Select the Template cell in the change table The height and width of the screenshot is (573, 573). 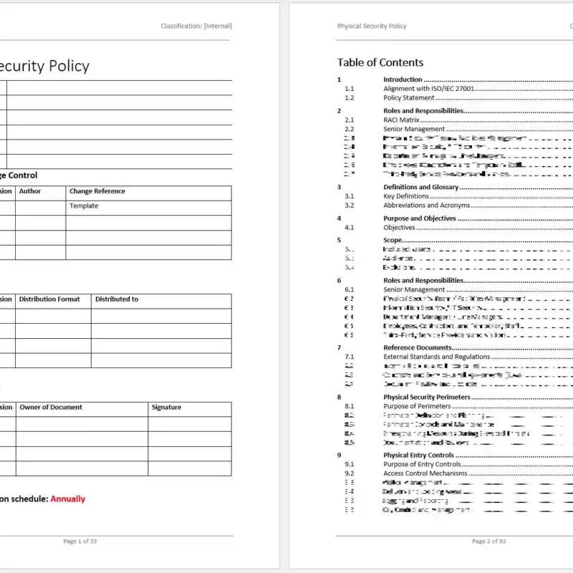[84, 206]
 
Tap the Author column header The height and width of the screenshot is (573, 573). [30, 191]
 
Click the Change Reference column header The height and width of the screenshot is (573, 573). [97, 191]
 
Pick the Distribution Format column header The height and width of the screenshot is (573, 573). [49, 299]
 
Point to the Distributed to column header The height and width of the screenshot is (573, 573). [117, 299]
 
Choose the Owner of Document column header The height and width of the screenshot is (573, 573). [51, 408]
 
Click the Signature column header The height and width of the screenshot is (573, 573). [166, 408]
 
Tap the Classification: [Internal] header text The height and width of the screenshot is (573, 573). [196, 26]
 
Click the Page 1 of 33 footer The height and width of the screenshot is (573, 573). [80, 541]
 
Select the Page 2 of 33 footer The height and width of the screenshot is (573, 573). [488, 541]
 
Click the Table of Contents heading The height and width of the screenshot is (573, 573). [380, 62]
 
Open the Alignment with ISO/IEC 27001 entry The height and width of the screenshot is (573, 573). [428, 89]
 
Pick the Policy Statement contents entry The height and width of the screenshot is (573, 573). [408, 97]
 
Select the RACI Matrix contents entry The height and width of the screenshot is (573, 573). [401, 120]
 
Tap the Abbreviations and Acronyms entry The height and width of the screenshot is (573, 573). [426, 205]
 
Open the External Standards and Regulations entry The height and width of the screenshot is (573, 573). [436, 356]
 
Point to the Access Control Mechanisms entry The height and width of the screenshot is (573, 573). [425, 473]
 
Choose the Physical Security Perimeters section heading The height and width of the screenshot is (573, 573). [426, 397]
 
